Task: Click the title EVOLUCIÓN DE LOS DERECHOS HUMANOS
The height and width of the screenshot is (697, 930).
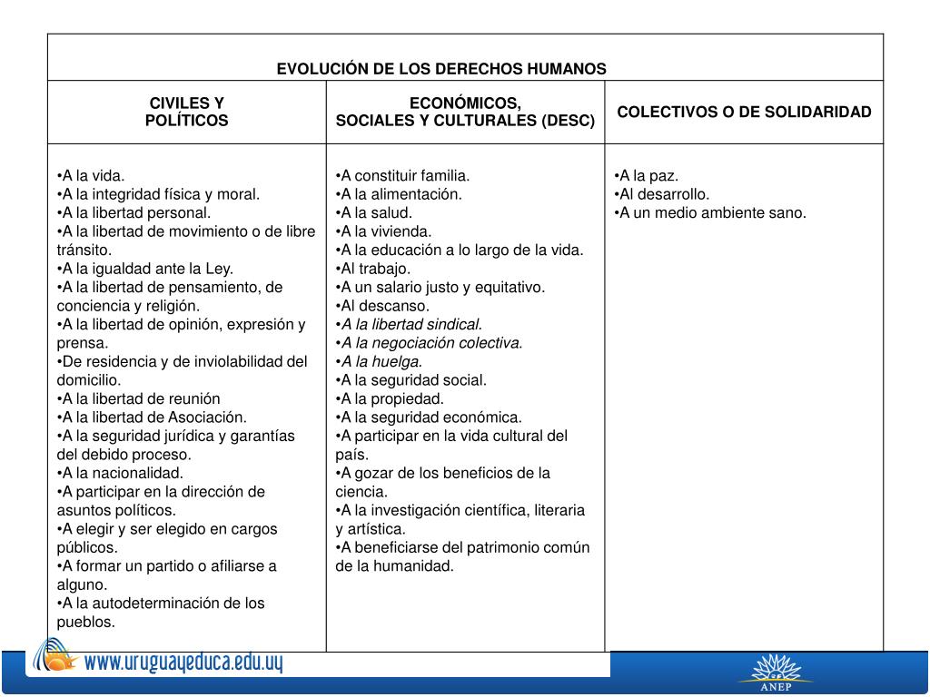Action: click(441, 69)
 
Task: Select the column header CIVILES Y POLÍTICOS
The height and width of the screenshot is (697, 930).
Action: click(187, 112)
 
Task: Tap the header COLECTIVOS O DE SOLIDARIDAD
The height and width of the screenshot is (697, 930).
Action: click(744, 112)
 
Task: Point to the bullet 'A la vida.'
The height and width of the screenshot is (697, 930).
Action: click(91, 175)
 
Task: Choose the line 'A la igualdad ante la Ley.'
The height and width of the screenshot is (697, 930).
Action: click(145, 269)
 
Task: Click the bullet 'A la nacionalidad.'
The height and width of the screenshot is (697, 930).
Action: click(120, 473)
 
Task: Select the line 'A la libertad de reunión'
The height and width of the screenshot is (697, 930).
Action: click(139, 398)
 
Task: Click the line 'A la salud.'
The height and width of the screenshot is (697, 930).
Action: click(374, 212)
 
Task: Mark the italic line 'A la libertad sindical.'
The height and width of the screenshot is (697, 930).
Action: click(410, 324)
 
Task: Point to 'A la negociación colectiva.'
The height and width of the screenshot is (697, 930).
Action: click(430, 343)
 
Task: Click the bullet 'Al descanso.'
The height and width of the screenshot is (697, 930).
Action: click(382, 306)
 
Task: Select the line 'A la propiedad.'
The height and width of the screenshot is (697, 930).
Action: click(390, 398)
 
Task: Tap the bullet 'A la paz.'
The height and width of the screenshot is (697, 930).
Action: click(647, 175)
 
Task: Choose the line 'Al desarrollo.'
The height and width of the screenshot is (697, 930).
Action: click(662, 194)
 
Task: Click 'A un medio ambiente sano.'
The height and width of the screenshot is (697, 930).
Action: click(710, 212)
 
